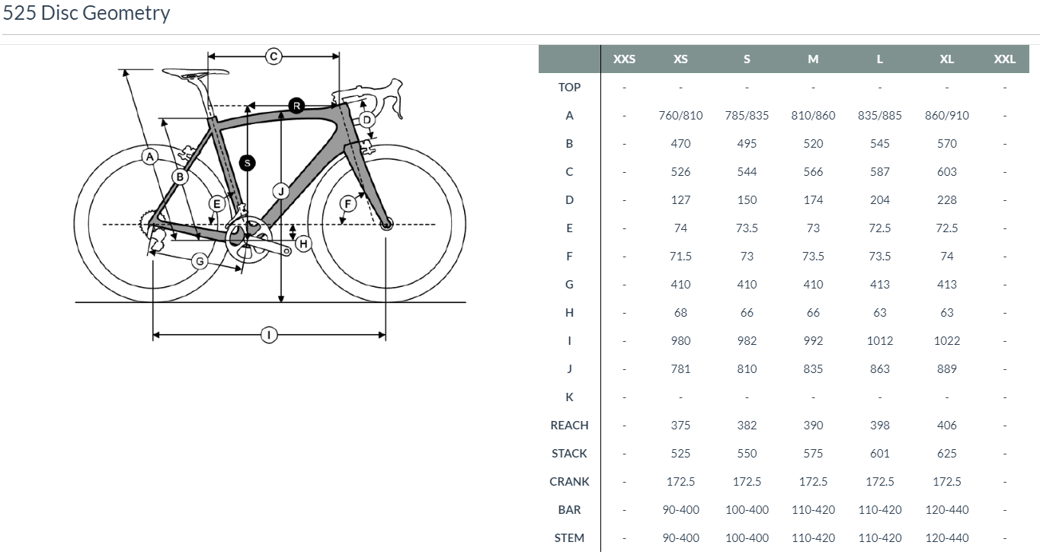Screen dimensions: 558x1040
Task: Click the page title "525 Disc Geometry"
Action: point(86,13)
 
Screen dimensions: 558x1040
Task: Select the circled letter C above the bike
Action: point(274,56)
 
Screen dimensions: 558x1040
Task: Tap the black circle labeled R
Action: point(296,105)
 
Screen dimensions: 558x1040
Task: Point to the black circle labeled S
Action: point(246,162)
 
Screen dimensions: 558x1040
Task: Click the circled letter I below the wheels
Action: point(269,334)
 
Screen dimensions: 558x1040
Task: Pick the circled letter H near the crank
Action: point(303,244)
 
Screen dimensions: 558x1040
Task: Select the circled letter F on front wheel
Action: point(348,203)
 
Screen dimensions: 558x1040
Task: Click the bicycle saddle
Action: point(195,73)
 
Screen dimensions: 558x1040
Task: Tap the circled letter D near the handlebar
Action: point(366,120)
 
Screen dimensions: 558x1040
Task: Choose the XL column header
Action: point(946,59)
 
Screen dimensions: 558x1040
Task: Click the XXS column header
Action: point(624,59)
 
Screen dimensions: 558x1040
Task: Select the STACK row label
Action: point(569,454)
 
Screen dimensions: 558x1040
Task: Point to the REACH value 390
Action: point(813,426)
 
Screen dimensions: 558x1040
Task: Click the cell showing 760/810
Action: point(680,116)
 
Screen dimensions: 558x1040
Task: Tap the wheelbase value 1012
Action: point(879,341)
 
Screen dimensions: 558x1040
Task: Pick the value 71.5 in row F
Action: point(680,257)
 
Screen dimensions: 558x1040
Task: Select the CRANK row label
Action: point(569,482)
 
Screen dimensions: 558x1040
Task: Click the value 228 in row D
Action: point(946,200)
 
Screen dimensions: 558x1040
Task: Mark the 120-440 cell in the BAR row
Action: point(946,510)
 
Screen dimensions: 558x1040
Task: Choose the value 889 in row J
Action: point(946,369)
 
